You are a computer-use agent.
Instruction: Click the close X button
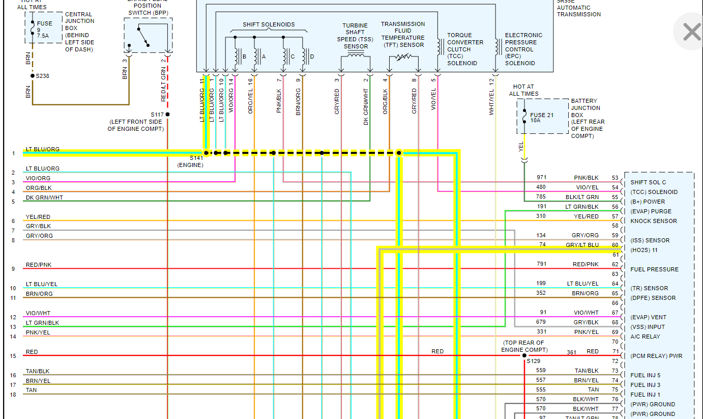tap(691, 32)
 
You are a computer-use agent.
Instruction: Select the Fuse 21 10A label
tap(542, 118)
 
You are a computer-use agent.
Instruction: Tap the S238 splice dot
tap(32, 76)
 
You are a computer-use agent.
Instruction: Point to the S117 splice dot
tap(167, 115)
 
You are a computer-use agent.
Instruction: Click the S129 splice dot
tap(524, 355)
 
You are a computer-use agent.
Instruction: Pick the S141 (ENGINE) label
tap(190, 161)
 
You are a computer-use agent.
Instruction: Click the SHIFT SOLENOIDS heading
tap(269, 24)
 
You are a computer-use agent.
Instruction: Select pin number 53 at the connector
tap(615, 178)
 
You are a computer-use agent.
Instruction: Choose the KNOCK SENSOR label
tap(653, 221)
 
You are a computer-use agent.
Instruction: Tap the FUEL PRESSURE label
tap(654, 269)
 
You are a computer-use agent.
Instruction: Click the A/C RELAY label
tap(645, 337)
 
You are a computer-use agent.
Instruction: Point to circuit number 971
tap(541, 177)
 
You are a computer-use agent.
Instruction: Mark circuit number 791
tap(541, 264)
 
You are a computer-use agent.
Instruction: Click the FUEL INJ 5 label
tap(645, 375)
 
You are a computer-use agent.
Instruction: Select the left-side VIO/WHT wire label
tap(38, 313)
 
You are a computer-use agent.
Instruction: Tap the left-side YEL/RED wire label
tap(38, 217)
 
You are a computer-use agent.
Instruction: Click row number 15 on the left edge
tap(13, 356)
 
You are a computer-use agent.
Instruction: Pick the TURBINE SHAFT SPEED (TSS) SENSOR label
tap(355, 36)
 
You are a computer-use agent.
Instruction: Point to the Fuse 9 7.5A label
tap(44, 30)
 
